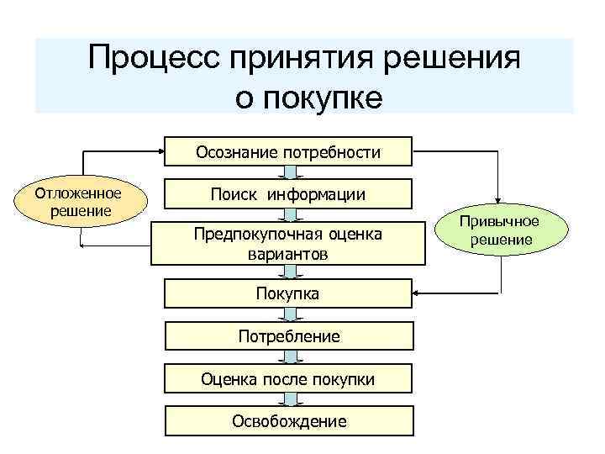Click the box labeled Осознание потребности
click(x=288, y=151)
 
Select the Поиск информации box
click(x=288, y=194)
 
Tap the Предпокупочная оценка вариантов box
click(x=288, y=242)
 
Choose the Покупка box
click(x=288, y=294)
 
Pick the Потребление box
click(x=288, y=336)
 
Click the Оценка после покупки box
click(x=288, y=379)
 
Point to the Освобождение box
click(x=288, y=421)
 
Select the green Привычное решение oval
click(x=501, y=230)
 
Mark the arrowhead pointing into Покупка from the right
click(x=417, y=294)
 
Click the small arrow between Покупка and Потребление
click(x=288, y=315)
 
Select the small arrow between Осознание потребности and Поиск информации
click(x=288, y=172)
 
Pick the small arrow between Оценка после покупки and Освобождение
click(x=288, y=400)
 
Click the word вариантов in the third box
click(x=288, y=252)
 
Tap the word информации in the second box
click(x=317, y=195)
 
